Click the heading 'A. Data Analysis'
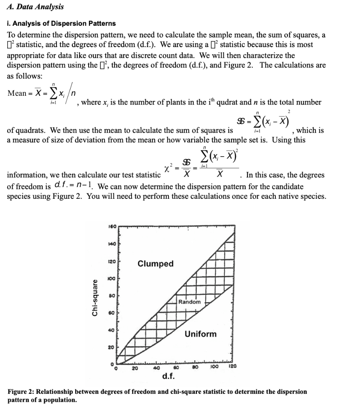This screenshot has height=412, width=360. tap(36, 7)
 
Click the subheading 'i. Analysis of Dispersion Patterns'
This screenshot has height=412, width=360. tap(62, 23)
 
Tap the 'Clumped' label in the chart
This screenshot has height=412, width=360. tap(155, 264)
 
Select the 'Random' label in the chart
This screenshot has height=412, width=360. tap(189, 302)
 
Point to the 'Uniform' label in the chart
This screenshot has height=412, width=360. tap(200, 334)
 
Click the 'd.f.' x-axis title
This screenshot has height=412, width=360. tap(167, 376)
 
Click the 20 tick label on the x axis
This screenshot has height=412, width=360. tap(136, 367)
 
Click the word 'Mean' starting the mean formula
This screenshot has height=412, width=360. tap(17, 93)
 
